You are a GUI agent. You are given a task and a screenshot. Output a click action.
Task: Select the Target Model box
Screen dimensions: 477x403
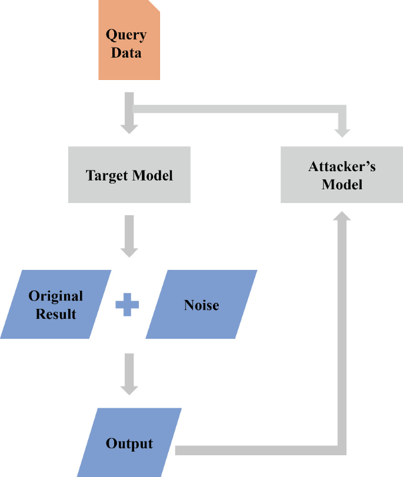click(129, 175)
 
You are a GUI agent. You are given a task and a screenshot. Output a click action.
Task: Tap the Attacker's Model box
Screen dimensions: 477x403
click(342, 175)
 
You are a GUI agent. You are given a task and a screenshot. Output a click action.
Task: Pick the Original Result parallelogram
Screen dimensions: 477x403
click(56, 305)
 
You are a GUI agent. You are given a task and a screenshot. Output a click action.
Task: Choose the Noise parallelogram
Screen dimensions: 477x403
click(201, 305)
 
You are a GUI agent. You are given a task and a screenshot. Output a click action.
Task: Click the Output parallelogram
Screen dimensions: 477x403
click(129, 443)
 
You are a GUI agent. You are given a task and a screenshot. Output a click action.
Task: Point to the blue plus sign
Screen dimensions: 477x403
click(127, 305)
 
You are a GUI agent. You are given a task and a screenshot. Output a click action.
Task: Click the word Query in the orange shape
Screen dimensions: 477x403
click(126, 34)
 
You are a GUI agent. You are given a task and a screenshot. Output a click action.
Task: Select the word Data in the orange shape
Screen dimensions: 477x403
click(126, 52)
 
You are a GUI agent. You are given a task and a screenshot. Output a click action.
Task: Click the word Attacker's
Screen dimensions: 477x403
click(342, 166)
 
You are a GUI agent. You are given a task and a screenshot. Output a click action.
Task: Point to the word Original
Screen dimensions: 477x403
click(56, 296)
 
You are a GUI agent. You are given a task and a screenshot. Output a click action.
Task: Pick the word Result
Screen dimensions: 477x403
click(56, 313)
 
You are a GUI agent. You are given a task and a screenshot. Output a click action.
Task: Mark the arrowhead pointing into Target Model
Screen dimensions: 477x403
click(129, 128)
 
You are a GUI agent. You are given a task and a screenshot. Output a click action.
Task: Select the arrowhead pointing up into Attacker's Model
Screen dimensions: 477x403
click(342, 215)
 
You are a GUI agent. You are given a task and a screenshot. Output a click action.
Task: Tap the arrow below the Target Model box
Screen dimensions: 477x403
click(129, 235)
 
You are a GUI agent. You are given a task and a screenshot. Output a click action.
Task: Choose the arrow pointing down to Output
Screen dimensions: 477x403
click(129, 374)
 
